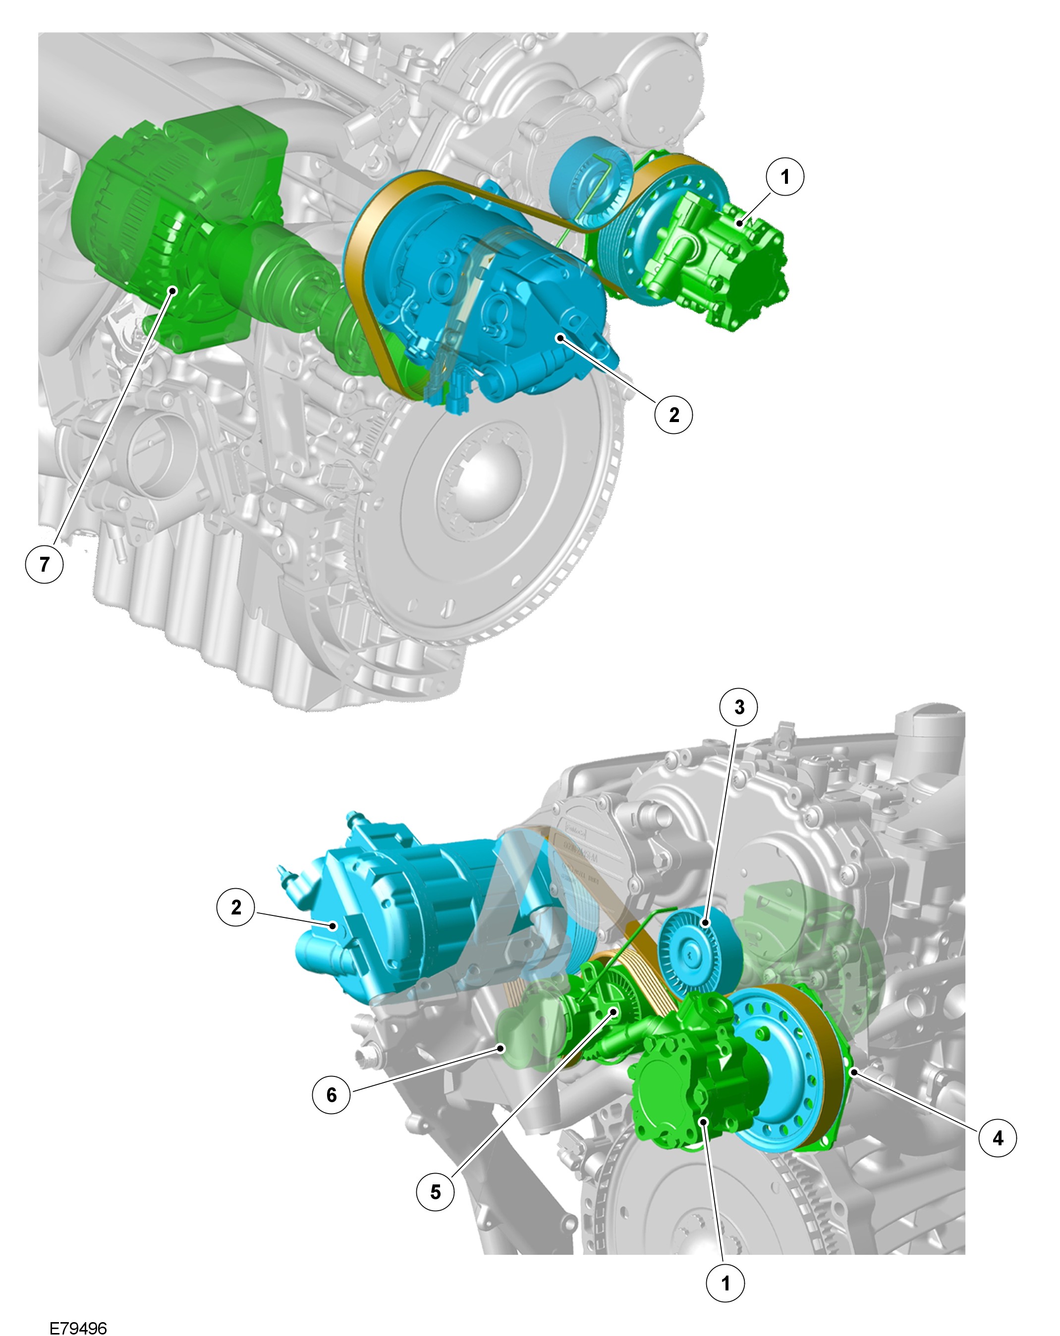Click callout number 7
(x=44, y=563)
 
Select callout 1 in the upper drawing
(x=785, y=177)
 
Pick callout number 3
(x=739, y=707)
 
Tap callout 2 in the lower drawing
(x=235, y=907)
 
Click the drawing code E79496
(x=78, y=1327)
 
